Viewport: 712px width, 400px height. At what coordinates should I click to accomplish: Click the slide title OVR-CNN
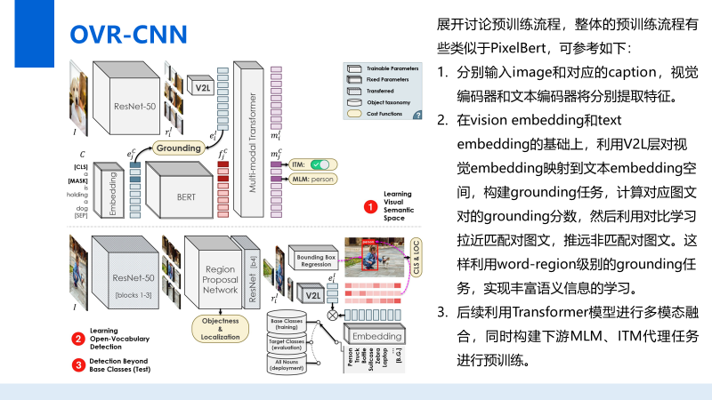pos(129,34)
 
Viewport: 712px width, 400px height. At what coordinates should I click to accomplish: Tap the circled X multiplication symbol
pos(334,314)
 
